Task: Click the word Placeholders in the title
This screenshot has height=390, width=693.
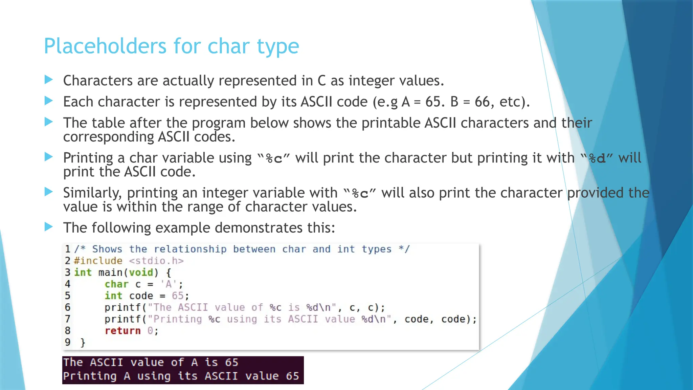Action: point(105,46)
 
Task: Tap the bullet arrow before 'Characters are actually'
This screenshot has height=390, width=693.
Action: point(49,80)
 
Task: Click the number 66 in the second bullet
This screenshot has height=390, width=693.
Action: point(482,102)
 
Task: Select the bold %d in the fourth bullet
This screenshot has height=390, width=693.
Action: point(597,158)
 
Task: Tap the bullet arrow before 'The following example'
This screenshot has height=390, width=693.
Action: point(49,227)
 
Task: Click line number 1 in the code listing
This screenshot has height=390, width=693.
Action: point(68,249)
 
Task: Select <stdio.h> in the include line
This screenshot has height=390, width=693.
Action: point(156,261)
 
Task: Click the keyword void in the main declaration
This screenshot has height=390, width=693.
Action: point(142,273)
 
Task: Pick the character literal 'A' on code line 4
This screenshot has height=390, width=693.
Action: point(169,284)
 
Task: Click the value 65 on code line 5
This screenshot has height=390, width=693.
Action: point(178,296)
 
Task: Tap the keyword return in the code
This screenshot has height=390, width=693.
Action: point(122,331)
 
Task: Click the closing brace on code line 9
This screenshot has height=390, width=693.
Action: point(83,343)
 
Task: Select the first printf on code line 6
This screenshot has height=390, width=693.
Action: point(122,307)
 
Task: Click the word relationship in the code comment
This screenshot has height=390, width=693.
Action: point(190,249)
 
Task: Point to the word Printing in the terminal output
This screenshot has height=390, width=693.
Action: point(90,376)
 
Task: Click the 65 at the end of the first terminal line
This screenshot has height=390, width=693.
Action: point(231,363)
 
